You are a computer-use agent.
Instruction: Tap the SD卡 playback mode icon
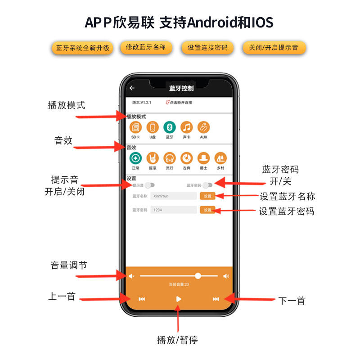[x=135, y=128]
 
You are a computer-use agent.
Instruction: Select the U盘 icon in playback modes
[x=153, y=128]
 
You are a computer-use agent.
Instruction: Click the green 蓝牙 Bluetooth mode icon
[x=170, y=128]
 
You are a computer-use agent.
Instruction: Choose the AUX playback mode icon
[x=204, y=128]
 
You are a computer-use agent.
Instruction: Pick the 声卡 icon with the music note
[x=187, y=128]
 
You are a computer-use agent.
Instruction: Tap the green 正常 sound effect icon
[x=135, y=158]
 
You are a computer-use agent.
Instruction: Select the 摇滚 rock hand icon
[x=153, y=158]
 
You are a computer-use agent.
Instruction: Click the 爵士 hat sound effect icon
[x=204, y=158]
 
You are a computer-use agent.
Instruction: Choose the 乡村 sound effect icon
[x=220, y=158]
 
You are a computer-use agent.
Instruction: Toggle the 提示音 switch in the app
[x=150, y=185]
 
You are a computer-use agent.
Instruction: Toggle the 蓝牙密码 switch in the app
[x=207, y=185]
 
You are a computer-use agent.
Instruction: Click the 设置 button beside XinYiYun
[x=207, y=196]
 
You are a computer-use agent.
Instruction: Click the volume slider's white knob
[x=198, y=276]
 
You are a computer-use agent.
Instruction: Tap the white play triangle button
[x=179, y=299]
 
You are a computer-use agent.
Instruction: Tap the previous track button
[x=142, y=299]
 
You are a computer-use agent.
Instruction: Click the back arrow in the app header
[x=132, y=88]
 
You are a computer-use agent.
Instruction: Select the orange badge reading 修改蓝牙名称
[x=146, y=47]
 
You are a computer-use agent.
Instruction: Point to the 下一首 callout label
[x=292, y=301]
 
